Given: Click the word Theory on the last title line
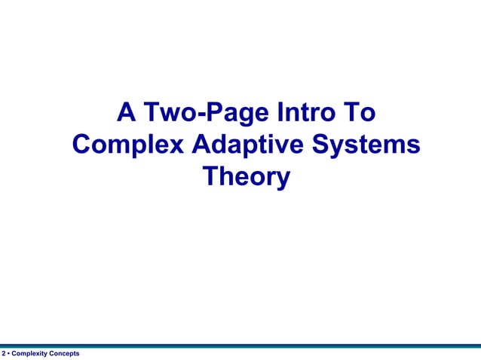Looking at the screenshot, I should [247, 178].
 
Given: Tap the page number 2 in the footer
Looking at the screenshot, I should [4, 354].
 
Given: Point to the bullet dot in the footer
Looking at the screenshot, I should [9, 354].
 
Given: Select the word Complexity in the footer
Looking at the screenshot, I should [29, 354].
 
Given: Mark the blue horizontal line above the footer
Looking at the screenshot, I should [240, 346].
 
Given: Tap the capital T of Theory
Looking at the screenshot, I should [210, 178].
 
